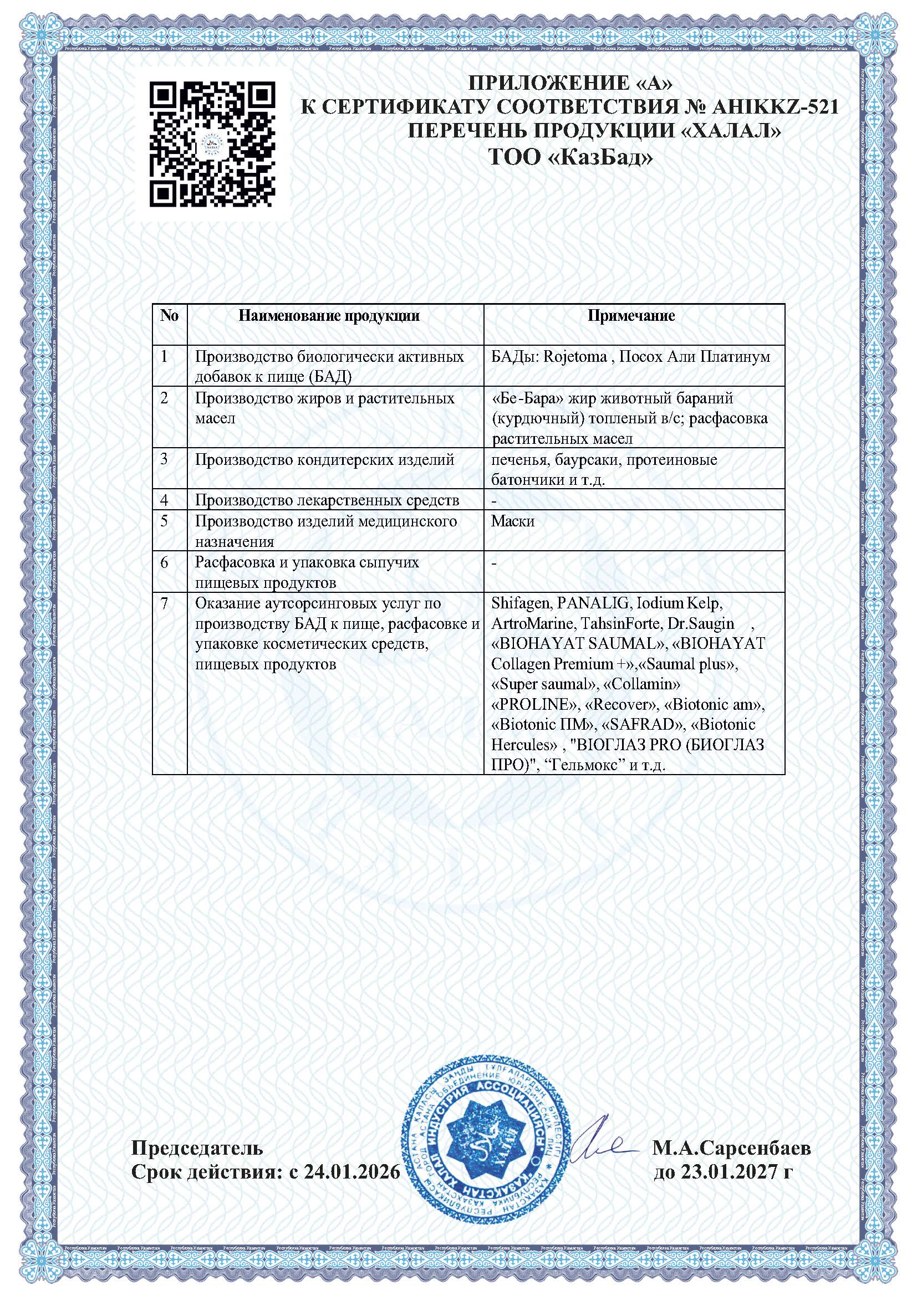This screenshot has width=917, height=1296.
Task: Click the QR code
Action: (212, 144)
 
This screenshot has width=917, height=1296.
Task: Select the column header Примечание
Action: (631, 315)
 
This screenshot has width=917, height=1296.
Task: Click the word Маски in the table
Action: (513, 521)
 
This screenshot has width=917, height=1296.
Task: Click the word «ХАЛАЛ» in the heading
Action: (728, 131)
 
